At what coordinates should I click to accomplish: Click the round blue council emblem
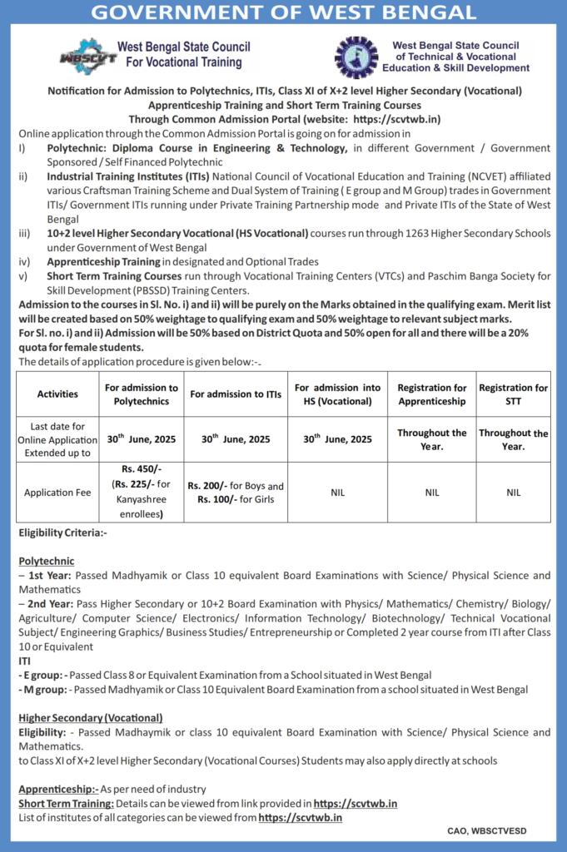(356, 57)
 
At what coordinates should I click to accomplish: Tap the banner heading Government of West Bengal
(283, 12)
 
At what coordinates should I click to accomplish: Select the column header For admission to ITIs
(233, 394)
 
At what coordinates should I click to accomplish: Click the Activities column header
(58, 394)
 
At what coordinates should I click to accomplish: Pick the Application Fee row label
(58, 493)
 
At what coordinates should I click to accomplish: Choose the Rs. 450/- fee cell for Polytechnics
(140, 491)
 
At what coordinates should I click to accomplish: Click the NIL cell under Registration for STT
(514, 493)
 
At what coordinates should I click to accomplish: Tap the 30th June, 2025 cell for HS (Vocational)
(337, 438)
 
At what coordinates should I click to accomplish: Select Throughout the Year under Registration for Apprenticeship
(432, 439)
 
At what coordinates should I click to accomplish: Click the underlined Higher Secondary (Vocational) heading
(91, 717)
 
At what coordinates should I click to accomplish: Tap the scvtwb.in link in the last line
(301, 818)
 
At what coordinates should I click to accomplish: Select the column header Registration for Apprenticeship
(432, 394)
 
